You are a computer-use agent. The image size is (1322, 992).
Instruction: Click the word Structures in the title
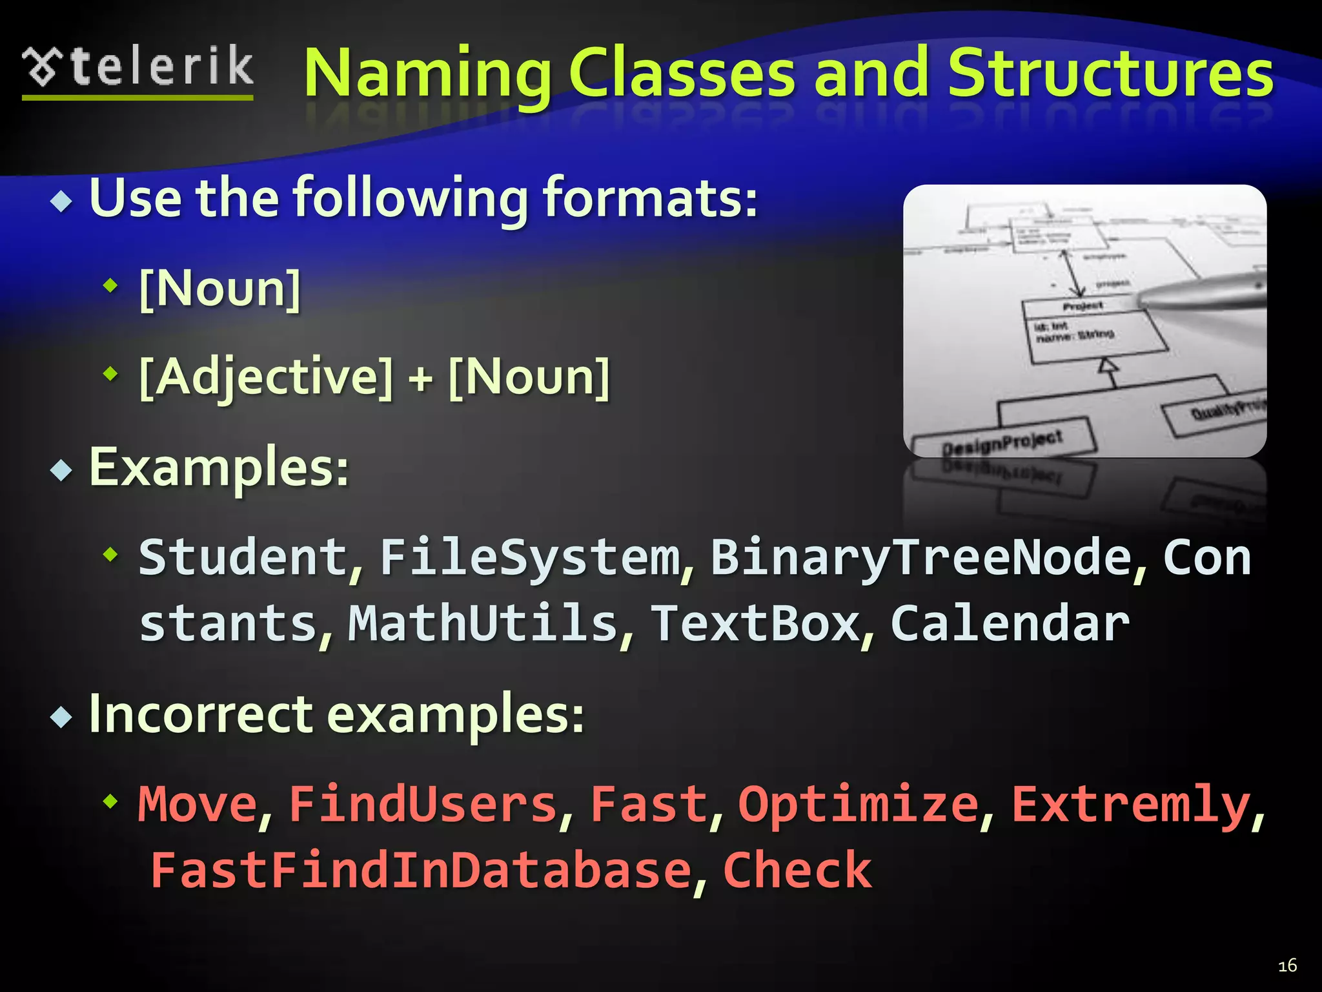click(x=1110, y=74)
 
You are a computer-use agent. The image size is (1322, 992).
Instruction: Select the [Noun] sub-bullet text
click(x=220, y=289)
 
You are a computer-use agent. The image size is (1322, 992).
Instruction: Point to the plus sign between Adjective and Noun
click(x=420, y=378)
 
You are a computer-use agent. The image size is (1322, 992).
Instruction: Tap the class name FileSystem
click(x=530, y=557)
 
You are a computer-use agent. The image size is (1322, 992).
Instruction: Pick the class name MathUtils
click(x=483, y=623)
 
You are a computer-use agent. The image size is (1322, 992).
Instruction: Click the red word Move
click(x=198, y=804)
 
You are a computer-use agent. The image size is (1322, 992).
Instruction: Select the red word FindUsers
click(x=423, y=804)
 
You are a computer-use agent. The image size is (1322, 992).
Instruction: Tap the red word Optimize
click(x=859, y=804)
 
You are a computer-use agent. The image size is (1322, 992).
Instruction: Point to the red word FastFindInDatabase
click(x=421, y=871)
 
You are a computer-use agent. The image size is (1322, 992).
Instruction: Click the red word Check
click(x=798, y=871)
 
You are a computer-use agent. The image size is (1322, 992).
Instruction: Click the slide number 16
click(x=1287, y=966)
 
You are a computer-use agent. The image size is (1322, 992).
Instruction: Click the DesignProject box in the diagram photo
click(x=1002, y=444)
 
